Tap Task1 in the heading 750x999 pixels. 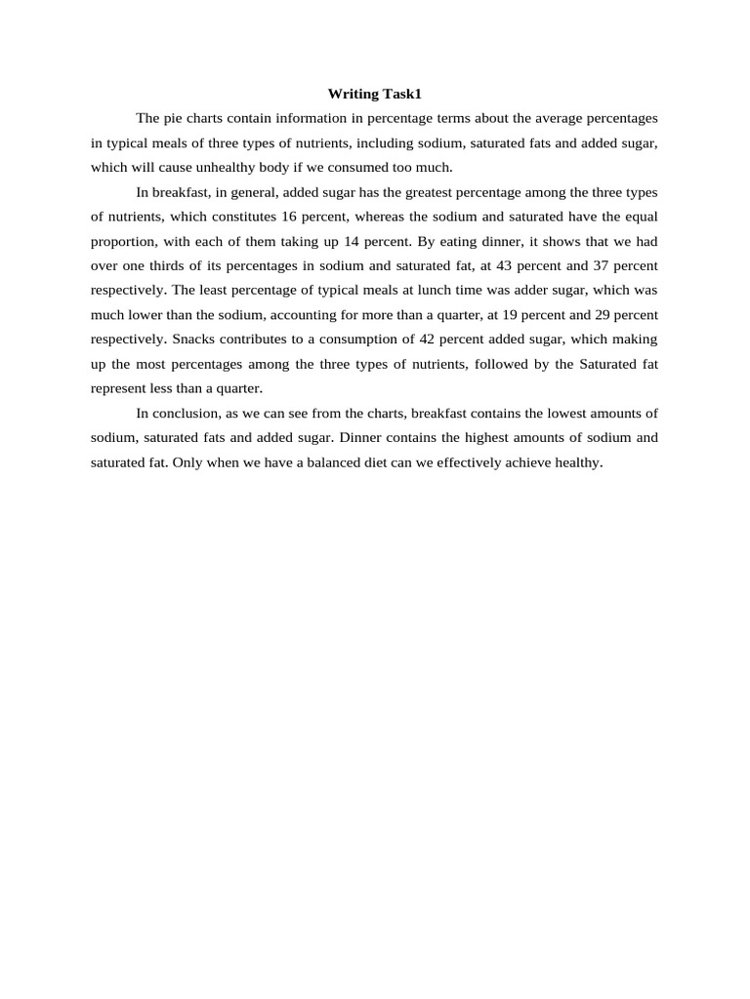399,94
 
